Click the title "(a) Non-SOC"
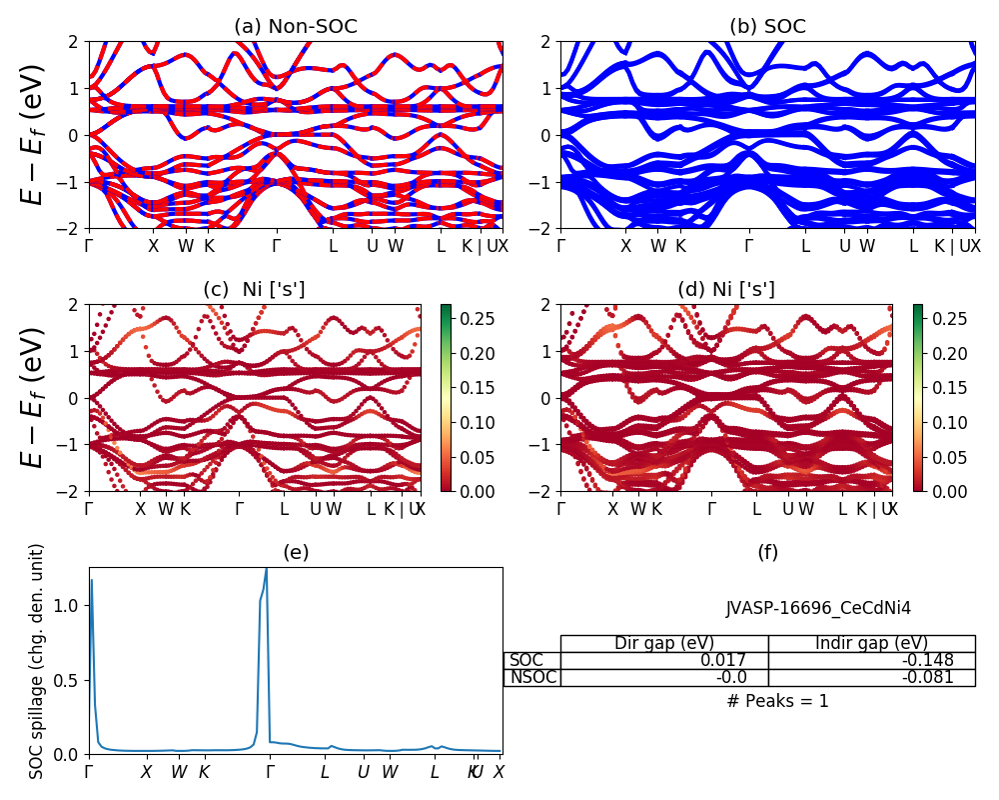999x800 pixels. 295,27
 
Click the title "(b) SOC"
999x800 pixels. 767,27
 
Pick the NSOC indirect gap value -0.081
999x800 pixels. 930,677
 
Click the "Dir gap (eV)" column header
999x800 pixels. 664,643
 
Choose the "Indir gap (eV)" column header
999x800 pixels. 871,643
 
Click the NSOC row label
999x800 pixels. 531,677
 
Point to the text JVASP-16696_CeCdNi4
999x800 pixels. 818,607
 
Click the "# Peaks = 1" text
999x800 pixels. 777,701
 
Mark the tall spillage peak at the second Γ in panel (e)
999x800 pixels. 267,570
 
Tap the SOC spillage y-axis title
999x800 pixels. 37,661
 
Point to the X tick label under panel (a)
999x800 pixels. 154,246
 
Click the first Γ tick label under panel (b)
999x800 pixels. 561,246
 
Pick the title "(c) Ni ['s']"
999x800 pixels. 254,290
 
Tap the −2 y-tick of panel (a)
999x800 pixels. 73,228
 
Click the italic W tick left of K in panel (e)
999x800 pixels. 179,772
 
